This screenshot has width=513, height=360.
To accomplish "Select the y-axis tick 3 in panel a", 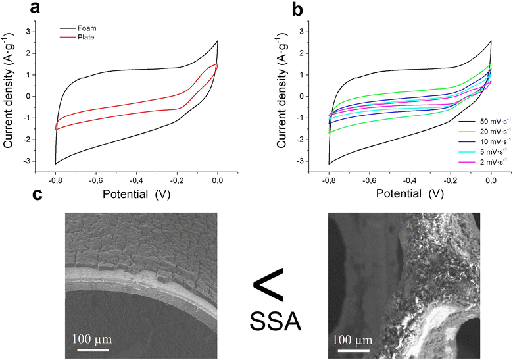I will pyautogui.click(x=45, y=31).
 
